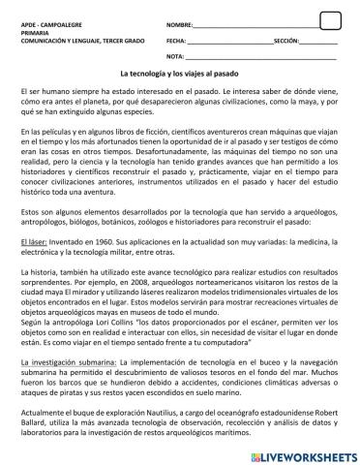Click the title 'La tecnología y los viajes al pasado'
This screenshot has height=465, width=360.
point(179,74)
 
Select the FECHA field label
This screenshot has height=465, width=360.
point(175,42)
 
